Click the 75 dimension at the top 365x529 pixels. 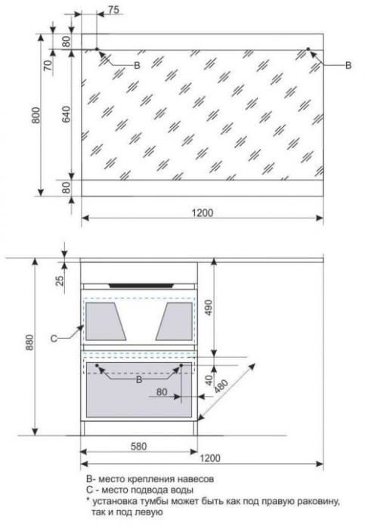[113, 10]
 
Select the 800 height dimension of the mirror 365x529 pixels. [36, 115]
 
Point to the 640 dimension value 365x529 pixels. [66, 114]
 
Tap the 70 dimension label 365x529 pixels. [48, 64]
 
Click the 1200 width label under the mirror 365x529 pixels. [203, 213]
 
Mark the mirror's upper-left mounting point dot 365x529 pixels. [97, 49]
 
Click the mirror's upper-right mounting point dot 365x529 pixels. [308, 49]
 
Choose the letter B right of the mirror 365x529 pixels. [348, 65]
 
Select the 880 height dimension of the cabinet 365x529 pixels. [29, 342]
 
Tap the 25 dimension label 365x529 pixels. [60, 280]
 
